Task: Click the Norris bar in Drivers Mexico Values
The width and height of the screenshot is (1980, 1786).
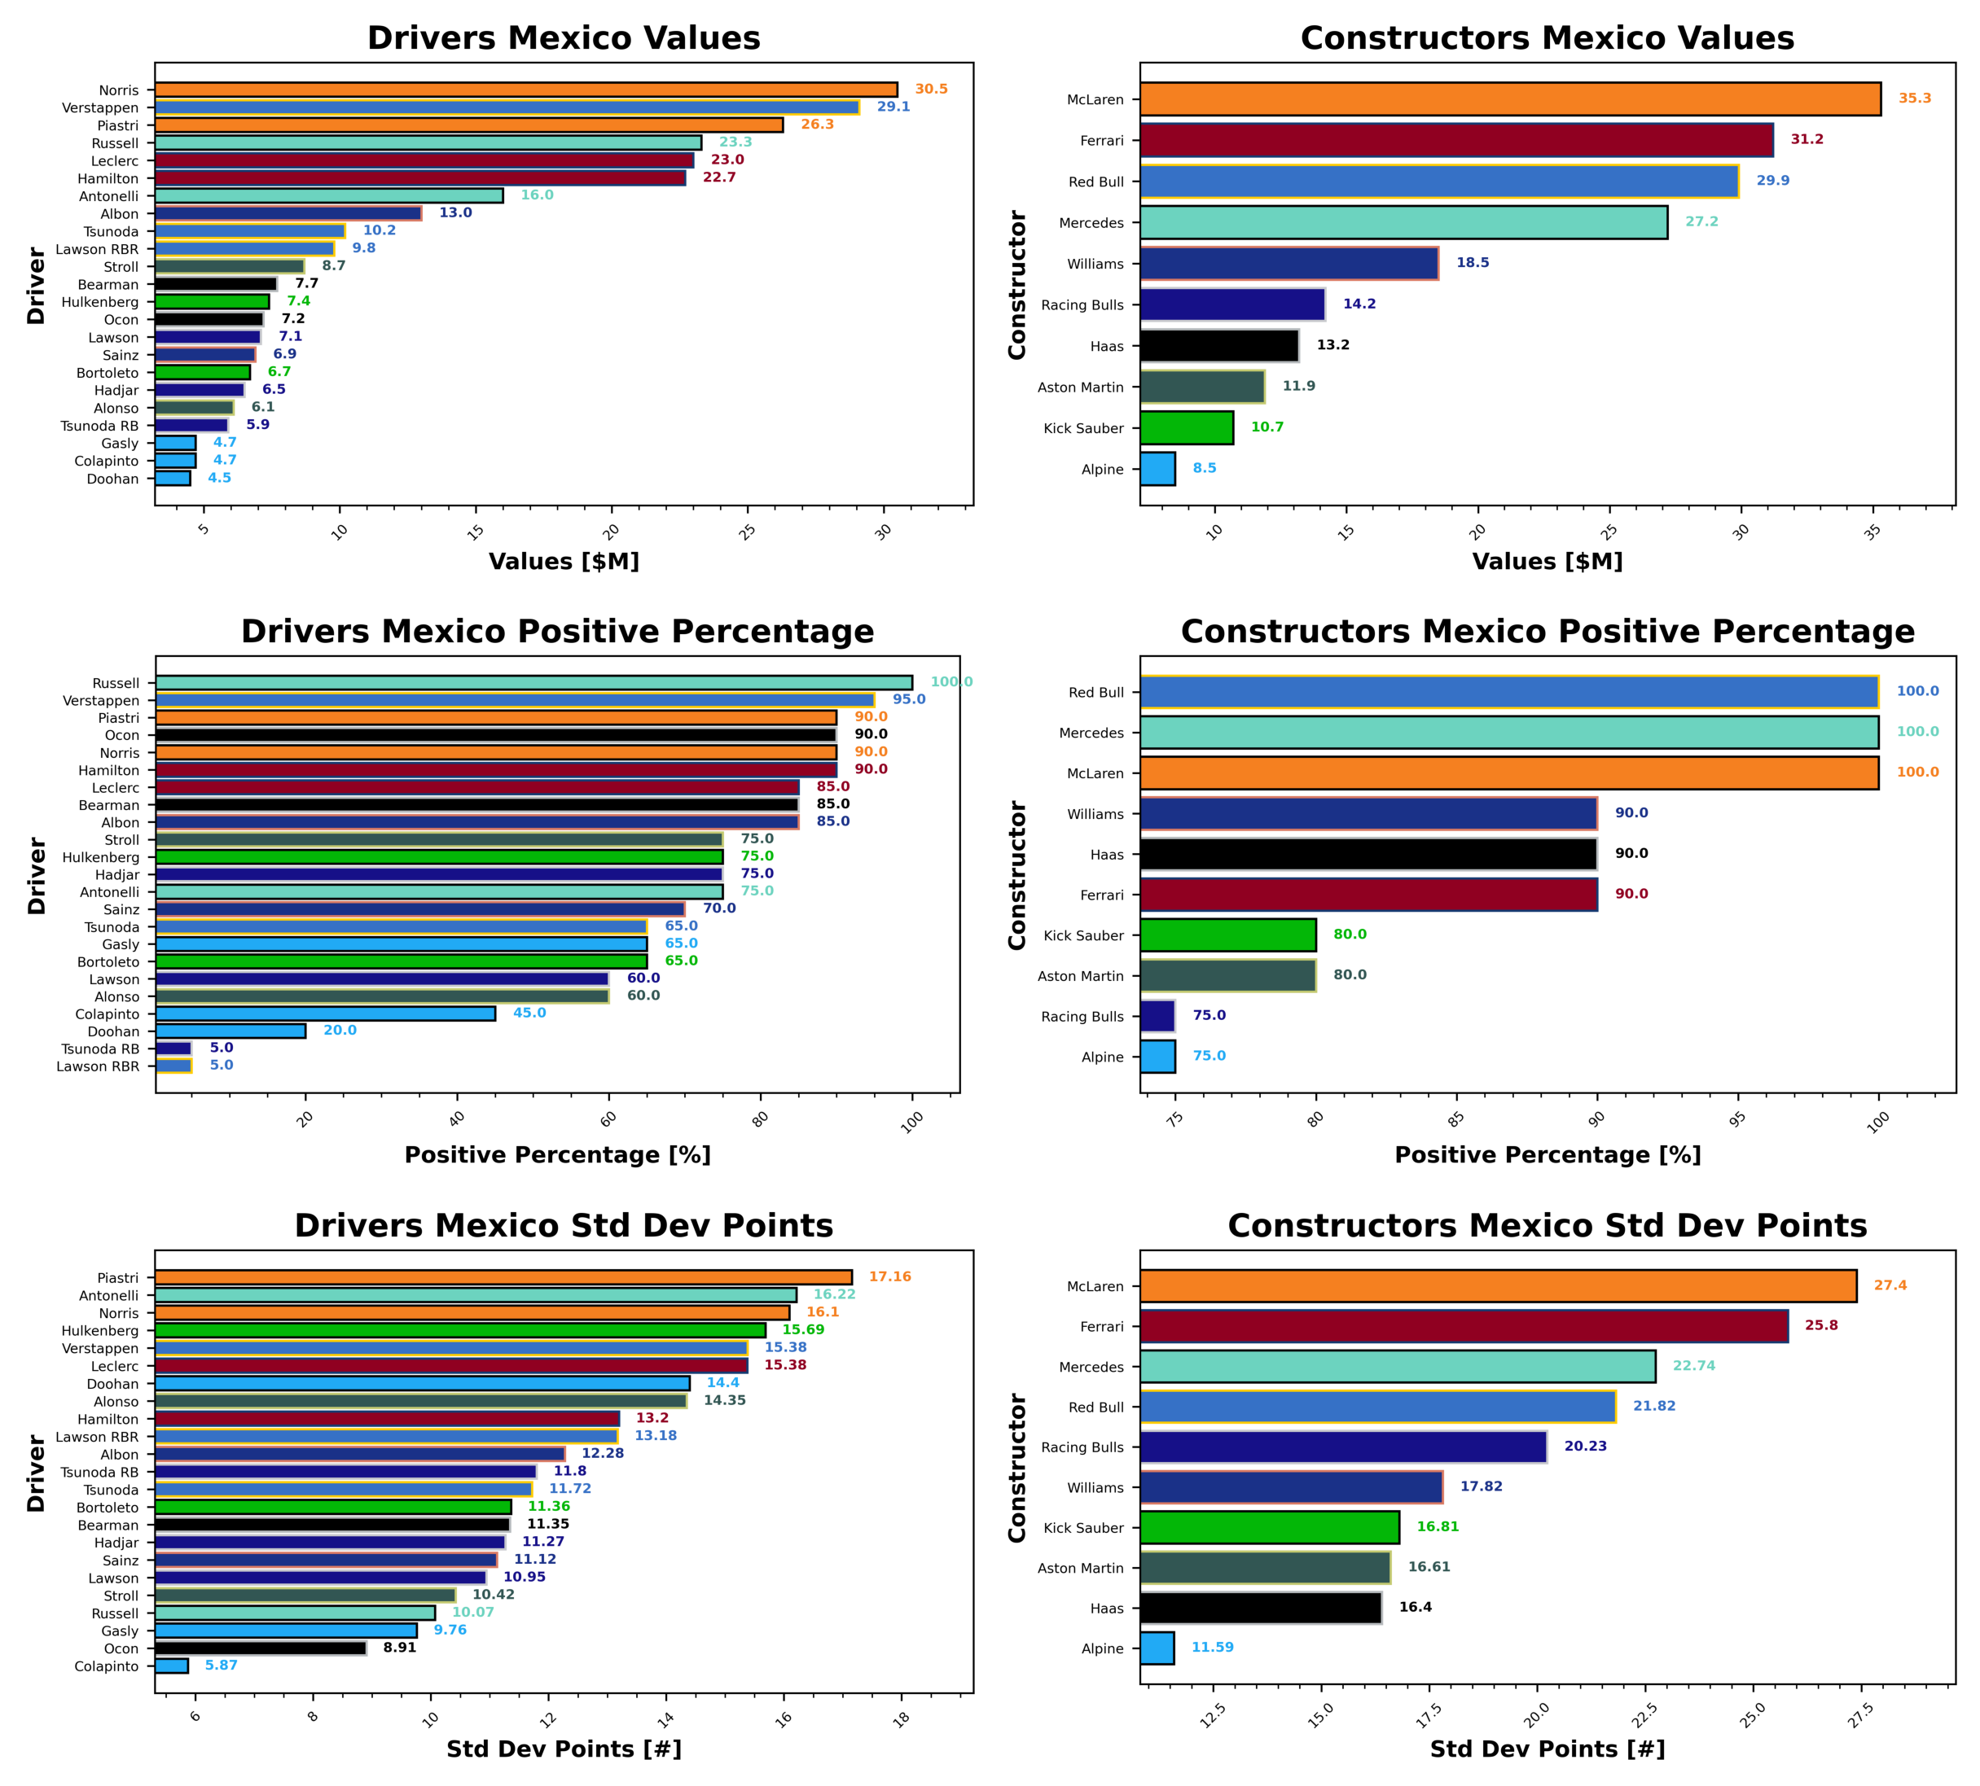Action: click(x=525, y=90)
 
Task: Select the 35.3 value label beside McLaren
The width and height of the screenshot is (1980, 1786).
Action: click(x=1914, y=98)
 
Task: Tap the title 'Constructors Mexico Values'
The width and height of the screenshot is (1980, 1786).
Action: click(x=1547, y=38)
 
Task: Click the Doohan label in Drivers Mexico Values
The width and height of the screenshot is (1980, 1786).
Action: click(x=113, y=479)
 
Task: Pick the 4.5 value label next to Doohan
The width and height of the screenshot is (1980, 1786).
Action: click(x=219, y=478)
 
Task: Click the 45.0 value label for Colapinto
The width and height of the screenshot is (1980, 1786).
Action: click(x=529, y=1013)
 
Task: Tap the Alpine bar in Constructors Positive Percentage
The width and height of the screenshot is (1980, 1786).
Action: click(x=1157, y=1057)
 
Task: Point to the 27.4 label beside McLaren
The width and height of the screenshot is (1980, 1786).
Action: click(x=1890, y=1285)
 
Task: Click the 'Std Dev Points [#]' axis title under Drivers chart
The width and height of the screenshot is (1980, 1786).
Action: click(x=564, y=1749)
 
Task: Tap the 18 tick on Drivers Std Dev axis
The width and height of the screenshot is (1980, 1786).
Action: click(x=901, y=1718)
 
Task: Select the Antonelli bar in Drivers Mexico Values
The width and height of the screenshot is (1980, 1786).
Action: click(x=329, y=196)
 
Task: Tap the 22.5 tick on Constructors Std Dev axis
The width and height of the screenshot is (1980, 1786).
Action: click(x=1644, y=1718)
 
